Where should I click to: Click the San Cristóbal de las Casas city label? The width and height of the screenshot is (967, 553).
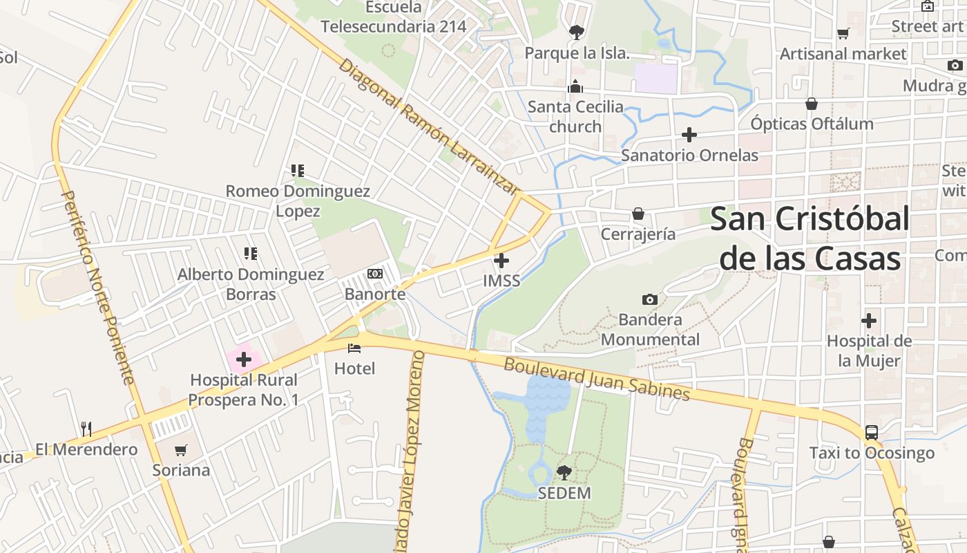click(810, 239)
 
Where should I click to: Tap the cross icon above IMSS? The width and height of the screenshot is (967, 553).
click(502, 261)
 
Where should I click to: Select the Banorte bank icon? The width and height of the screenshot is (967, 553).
click(375, 274)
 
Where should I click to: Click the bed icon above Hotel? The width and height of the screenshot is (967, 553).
click(354, 348)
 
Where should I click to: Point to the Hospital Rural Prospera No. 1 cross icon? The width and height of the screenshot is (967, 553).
click(244, 359)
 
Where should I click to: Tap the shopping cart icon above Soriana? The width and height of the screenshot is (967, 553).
click(181, 450)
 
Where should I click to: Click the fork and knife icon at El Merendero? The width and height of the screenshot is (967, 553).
click(86, 429)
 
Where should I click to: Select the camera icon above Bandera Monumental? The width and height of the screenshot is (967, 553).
click(649, 299)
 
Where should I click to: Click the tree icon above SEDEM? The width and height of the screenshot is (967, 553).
click(564, 473)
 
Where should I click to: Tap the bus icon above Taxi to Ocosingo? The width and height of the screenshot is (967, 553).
click(872, 433)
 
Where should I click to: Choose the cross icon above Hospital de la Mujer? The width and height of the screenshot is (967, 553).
click(869, 321)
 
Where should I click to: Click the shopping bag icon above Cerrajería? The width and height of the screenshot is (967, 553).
click(638, 214)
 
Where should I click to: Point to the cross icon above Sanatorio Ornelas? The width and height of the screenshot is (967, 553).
click(689, 135)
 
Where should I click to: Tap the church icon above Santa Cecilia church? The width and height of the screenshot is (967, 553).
click(575, 86)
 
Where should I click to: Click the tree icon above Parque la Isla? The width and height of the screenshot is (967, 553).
click(576, 32)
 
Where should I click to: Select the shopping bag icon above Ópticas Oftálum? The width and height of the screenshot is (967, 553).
click(812, 104)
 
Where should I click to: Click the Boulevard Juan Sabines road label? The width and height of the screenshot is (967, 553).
click(597, 378)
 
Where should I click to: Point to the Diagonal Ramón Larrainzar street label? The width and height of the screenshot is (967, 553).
click(428, 127)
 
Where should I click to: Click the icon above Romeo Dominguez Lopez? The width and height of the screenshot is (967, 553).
click(298, 170)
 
